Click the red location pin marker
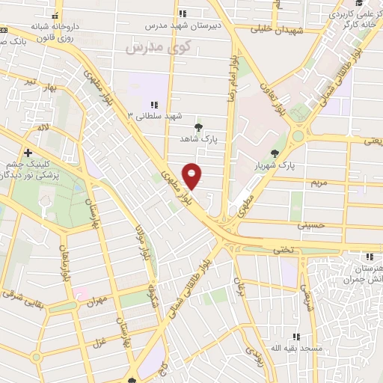tap(192, 176)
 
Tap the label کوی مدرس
tap(150, 48)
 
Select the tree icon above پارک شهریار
tap(276, 153)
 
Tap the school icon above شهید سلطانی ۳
tap(154, 105)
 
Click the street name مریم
tap(319, 182)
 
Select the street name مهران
tap(102, 300)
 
